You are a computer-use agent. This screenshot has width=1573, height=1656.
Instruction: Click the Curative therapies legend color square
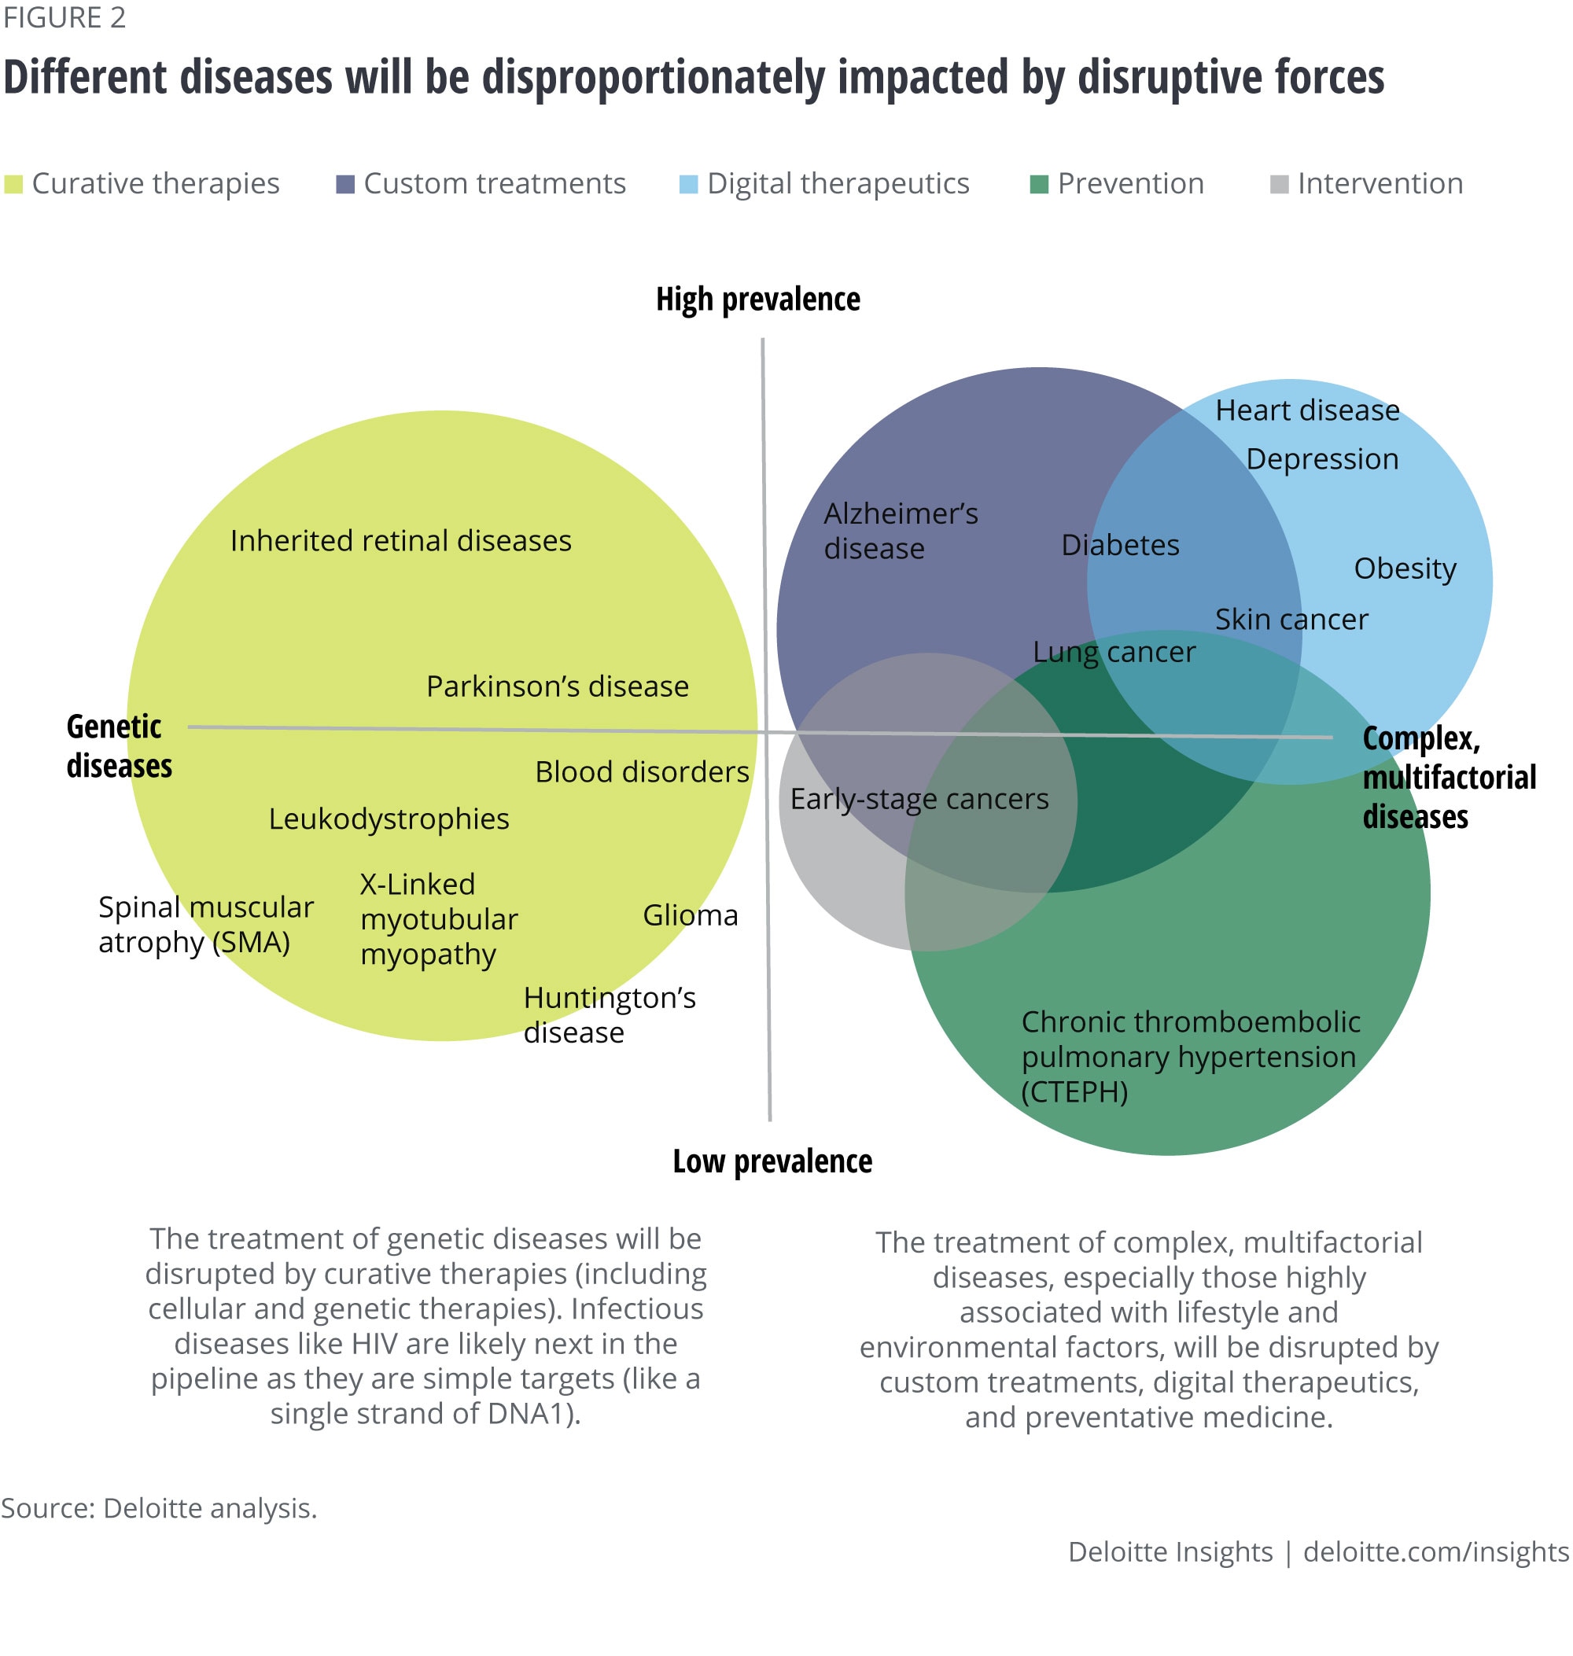click(x=13, y=185)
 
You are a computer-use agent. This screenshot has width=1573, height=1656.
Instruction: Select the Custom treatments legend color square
click(x=344, y=185)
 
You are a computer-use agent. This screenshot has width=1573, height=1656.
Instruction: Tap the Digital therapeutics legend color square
click(x=688, y=185)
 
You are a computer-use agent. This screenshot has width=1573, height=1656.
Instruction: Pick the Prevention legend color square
click(x=1039, y=185)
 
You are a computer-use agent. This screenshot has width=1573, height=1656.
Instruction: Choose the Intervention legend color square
click(x=1279, y=185)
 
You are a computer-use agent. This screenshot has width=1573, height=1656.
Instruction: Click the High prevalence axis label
click(x=757, y=300)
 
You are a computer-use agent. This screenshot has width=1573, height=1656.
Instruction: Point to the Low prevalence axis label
click(x=772, y=1161)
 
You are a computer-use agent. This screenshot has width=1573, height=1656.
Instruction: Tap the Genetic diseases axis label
click(x=119, y=746)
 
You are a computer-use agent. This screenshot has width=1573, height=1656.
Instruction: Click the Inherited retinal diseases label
click(x=401, y=541)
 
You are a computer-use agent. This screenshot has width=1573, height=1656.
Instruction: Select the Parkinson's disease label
click(x=558, y=686)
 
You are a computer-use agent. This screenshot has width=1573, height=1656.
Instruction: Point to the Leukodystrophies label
click(x=389, y=819)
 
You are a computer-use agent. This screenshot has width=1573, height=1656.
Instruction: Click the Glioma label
click(x=690, y=914)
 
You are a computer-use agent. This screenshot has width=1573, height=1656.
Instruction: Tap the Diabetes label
click(x=1120, y=545)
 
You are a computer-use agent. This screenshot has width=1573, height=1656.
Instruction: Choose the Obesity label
click(x=1405, y=569)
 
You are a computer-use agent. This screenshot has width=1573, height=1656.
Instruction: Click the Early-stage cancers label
click(x=919, y=799)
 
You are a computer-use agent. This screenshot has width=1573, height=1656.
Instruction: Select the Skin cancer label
click(x=1291, y=620)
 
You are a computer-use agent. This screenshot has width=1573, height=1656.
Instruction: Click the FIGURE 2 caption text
click(x=64, y=17)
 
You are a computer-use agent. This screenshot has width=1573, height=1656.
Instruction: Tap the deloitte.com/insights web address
click(x=1435, y=1552)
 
